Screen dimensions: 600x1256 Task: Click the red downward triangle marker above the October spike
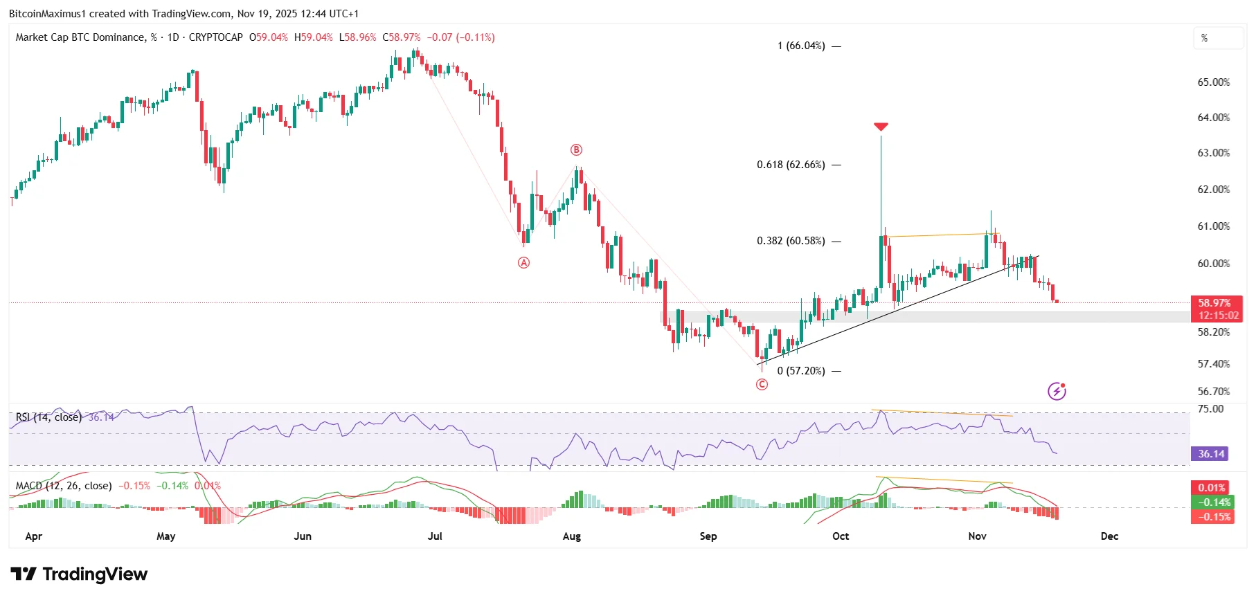click(x=881, y=127)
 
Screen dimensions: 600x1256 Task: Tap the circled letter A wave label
click(x=524, y=262)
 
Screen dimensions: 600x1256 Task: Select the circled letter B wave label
click(x=576, y=149)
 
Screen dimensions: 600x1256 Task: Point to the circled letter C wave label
click(x=762, y=384)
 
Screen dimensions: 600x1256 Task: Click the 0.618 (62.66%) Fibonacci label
click(x=791, y=165)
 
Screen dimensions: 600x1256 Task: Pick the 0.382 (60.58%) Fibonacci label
click(x=791, y=241)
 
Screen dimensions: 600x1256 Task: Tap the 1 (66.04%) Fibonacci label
click(x=801, y=46)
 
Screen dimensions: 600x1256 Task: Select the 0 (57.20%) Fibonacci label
click(x=801, y=371)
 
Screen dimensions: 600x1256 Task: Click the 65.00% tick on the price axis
click(x=1214, y=82)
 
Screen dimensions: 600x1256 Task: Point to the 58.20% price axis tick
click(x=1214, y=332)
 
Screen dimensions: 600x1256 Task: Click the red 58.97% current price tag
click(x=1215, y=303)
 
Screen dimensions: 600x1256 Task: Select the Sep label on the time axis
click(x=708, y=536)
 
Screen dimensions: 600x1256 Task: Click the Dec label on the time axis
click(x=1109, y=536)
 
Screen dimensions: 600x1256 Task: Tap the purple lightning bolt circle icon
click(x=1057, y=391)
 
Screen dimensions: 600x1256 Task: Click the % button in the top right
click(x=1218, y=38)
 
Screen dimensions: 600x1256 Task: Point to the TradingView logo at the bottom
click(x=79, y=574)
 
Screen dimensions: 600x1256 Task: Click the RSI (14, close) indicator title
click(x=48, y=417)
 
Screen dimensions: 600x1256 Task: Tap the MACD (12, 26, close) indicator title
click(x=64, y=486)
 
